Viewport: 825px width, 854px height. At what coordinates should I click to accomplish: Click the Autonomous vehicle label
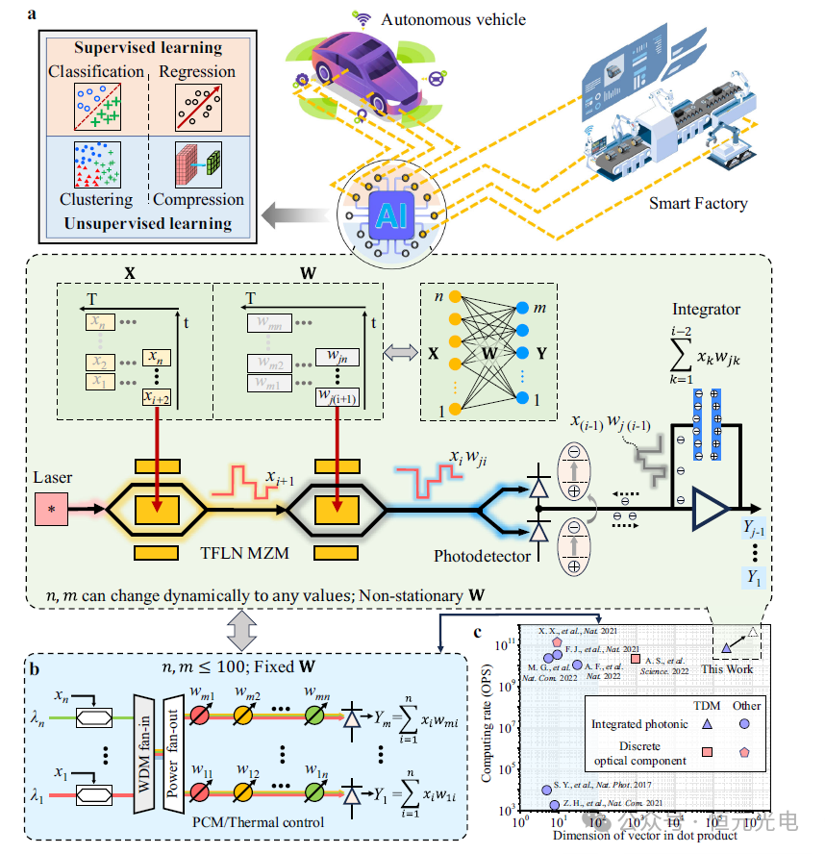[453, 19]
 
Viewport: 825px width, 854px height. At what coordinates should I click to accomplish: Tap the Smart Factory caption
[697, 203]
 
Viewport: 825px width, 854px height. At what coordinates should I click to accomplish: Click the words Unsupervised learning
[141, 224]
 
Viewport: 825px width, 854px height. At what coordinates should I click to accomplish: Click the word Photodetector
[481, 556]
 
